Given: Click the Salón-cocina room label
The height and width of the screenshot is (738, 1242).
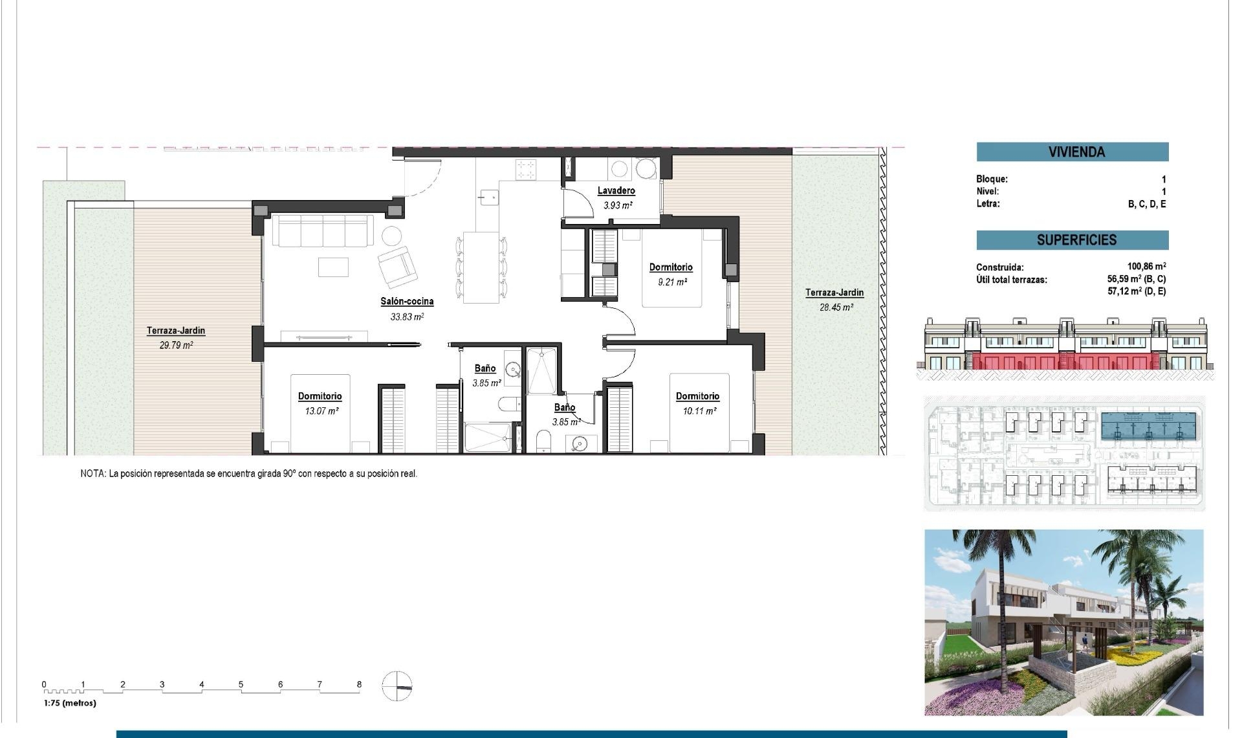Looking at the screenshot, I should click(407, 302).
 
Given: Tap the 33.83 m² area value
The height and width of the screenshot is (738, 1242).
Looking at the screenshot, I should click(407, 317).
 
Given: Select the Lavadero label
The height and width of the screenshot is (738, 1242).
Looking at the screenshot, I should click(616, 191).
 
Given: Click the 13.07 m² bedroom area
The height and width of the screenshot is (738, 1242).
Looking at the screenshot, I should click(321, 411).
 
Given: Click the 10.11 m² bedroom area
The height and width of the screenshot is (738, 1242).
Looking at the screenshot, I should click(699, 411).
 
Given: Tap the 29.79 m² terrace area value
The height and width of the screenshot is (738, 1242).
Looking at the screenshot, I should click(176, 346).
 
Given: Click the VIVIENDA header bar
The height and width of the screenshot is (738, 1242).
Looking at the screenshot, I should click(1072, 152).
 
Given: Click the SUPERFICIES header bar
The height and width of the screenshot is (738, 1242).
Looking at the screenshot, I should click(1072, 240).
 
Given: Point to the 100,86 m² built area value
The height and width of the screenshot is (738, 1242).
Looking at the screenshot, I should click(1146, 267).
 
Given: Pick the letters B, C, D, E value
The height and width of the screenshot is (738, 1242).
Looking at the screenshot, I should click(1146, 204).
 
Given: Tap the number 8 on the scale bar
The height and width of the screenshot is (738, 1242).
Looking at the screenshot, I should click(359, 684).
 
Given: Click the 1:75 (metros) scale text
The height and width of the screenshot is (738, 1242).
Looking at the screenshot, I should click(70, 703).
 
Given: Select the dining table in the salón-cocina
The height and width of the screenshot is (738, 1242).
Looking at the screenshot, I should click(481, 267).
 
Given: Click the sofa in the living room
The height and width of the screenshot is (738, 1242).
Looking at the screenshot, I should click(322, 231).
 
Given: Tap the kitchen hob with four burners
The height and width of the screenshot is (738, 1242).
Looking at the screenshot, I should click(525, 170).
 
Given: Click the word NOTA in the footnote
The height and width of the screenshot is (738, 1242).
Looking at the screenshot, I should click(93, 474).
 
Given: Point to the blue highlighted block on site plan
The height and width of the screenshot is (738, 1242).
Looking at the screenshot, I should click(1147, 427).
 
